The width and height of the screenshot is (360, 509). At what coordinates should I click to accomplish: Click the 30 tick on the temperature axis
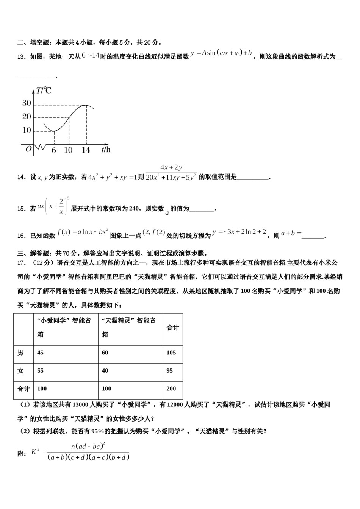27,103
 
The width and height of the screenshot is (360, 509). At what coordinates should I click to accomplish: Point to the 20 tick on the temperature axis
27,117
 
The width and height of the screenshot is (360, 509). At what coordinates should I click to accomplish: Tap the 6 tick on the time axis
54,150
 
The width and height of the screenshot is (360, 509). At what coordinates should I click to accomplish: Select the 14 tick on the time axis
86,150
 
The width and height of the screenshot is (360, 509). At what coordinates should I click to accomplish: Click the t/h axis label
106,150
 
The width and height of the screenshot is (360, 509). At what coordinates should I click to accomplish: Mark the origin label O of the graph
28,149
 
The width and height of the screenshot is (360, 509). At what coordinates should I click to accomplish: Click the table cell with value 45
41,353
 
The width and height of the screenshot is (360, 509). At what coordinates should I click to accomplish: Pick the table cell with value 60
105,353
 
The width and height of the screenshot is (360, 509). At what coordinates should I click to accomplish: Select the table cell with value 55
41,371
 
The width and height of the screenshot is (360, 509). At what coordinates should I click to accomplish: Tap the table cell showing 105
171,353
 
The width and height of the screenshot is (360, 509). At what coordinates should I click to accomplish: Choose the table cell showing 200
171,389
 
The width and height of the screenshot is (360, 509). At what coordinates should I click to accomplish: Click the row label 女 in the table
20,371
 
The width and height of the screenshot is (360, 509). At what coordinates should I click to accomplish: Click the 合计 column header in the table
173,328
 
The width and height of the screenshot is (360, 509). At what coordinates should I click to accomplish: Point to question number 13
21,57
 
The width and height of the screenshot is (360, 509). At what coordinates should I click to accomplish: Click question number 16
21,236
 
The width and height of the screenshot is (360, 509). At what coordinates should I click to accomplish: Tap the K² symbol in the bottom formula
35,451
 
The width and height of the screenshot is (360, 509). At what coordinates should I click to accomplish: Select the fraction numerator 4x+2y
171,167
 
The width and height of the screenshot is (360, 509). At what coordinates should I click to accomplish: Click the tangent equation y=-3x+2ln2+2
239,232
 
